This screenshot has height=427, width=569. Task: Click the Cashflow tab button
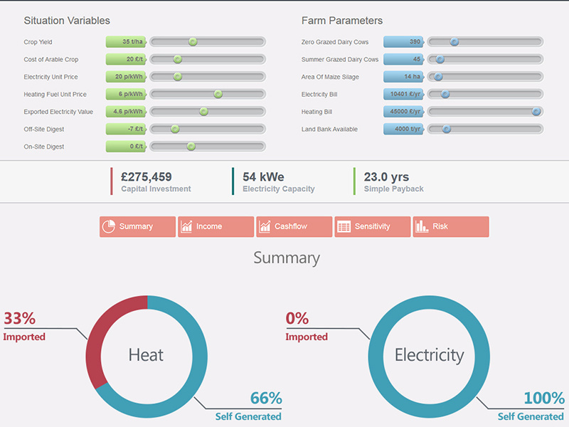point(294,226)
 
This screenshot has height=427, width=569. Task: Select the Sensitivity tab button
point(372,226)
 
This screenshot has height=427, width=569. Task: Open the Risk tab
point(450,226)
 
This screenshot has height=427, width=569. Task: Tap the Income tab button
point(216,226)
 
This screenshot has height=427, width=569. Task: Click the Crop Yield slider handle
point(192,42)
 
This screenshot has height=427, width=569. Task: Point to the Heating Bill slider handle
point(536,112)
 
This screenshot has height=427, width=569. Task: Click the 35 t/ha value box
point(126,42)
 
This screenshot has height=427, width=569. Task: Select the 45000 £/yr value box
point(403,112)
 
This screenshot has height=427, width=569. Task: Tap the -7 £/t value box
point(126,129)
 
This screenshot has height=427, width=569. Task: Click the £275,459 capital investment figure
point(147,176)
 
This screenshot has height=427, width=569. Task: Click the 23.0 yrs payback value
point(386,176)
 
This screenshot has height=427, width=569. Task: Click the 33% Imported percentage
point(20,318)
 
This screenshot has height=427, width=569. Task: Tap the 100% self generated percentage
point(544,399)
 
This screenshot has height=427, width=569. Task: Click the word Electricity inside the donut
point(429,354)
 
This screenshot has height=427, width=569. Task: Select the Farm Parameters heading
point(341,21)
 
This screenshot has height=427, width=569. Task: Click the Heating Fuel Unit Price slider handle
point(218,94)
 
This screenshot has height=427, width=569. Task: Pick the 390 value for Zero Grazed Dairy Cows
point(403,42)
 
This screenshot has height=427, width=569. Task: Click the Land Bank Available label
point(329,129)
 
